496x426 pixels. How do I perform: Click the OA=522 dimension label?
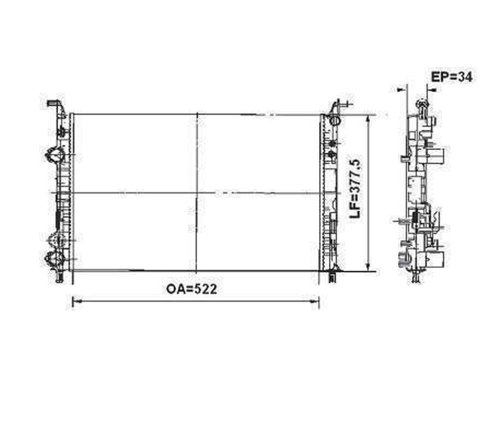[192, 289]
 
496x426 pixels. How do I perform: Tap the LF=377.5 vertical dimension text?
[355, 188]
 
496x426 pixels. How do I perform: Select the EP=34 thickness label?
[452, 77]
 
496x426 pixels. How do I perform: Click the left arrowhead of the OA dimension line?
[76, 301]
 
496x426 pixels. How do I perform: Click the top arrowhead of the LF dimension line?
[367, 119]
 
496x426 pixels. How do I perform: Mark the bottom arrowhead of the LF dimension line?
[367, 266]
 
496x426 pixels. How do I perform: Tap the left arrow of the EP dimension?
[402, 90]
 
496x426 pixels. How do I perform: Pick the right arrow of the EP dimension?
[431, 90]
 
